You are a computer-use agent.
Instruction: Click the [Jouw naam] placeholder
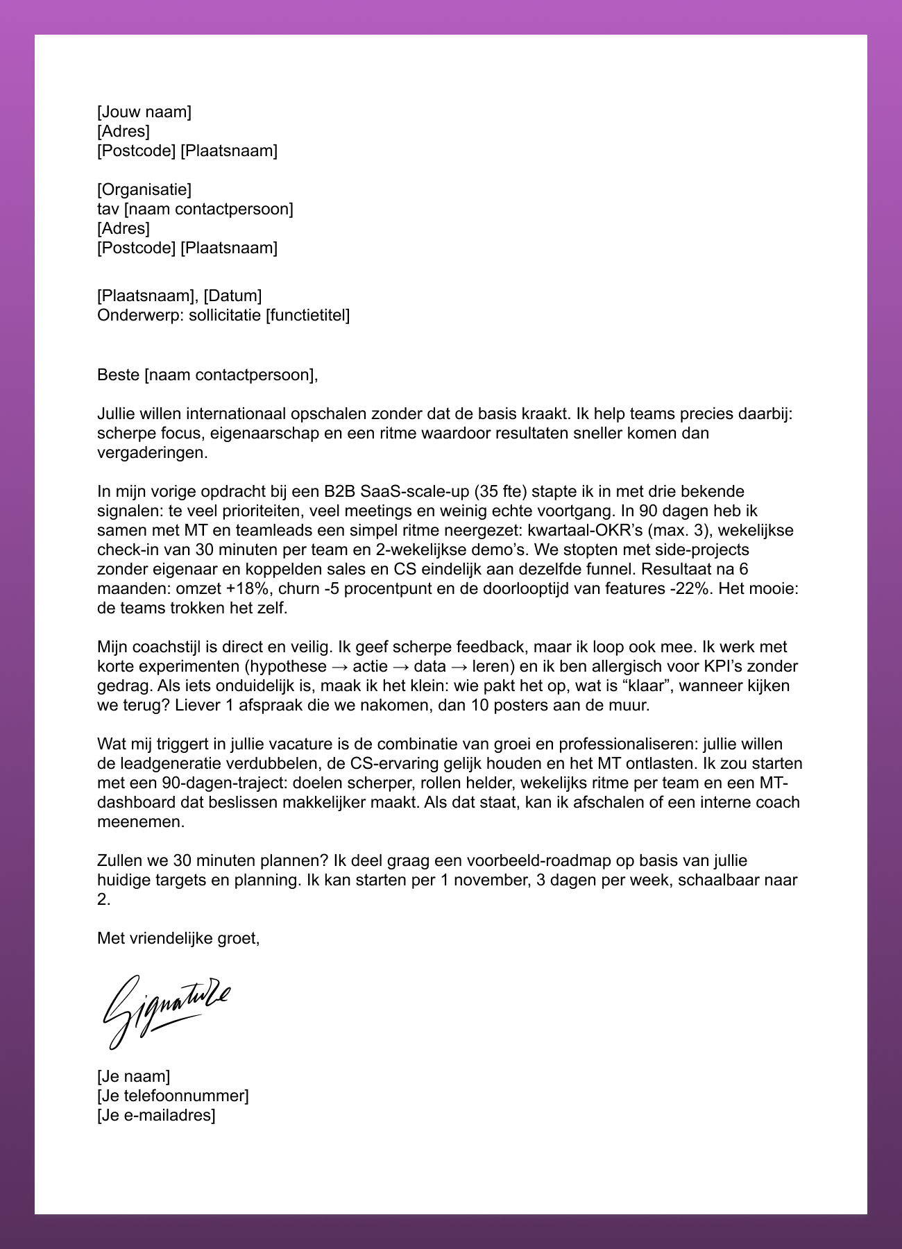(144, 112)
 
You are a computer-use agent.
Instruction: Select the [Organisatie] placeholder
(144, 189)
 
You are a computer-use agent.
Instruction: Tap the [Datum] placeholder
(232, 296)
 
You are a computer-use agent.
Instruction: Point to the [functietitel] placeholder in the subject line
(308, 316)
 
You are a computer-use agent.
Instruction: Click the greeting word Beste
(118, 375)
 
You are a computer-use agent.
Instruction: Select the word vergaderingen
(152, 453)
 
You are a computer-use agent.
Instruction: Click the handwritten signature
(167, 1011)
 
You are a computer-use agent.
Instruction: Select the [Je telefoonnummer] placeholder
(173, 1096)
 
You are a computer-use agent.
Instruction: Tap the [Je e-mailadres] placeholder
(156, 1115)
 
